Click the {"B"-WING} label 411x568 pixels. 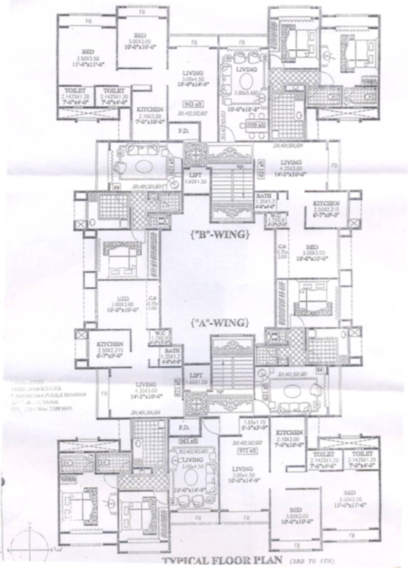219,236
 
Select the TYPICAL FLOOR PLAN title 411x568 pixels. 218,559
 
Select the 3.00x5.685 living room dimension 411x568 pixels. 248,92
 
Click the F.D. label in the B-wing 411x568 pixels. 183,130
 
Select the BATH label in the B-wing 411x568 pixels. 266,196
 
